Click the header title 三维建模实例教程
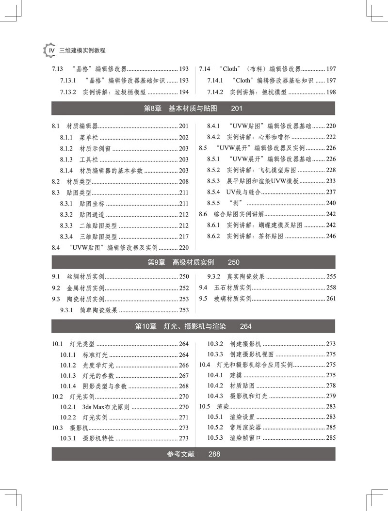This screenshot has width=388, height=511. pos(82,50)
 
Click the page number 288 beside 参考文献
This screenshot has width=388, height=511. pos(214,454)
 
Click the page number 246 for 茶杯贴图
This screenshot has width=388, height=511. pos(331,236)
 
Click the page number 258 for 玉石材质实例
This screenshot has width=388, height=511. pos(331,288)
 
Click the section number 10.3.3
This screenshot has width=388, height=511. pos(215,354)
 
